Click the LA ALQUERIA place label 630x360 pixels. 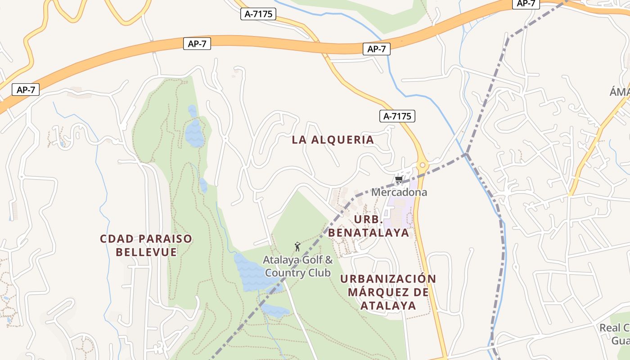point(333,139)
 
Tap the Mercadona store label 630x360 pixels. point(399,192)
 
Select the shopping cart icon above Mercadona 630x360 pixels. point(399,180)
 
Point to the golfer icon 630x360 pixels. point(297,247)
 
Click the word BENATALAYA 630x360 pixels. point(369,233)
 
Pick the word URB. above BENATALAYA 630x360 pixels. point(368,220)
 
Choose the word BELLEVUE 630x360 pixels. point(146,252)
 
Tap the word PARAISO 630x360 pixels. point(166,238)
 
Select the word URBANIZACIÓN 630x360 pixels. point(388,279)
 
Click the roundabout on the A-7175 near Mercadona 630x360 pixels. point(422,165)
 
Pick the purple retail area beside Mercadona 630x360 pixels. point(400,211)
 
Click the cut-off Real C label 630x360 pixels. point(615,328)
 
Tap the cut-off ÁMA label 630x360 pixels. point(620,92)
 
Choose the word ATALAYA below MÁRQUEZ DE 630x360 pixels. point(387,306)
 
